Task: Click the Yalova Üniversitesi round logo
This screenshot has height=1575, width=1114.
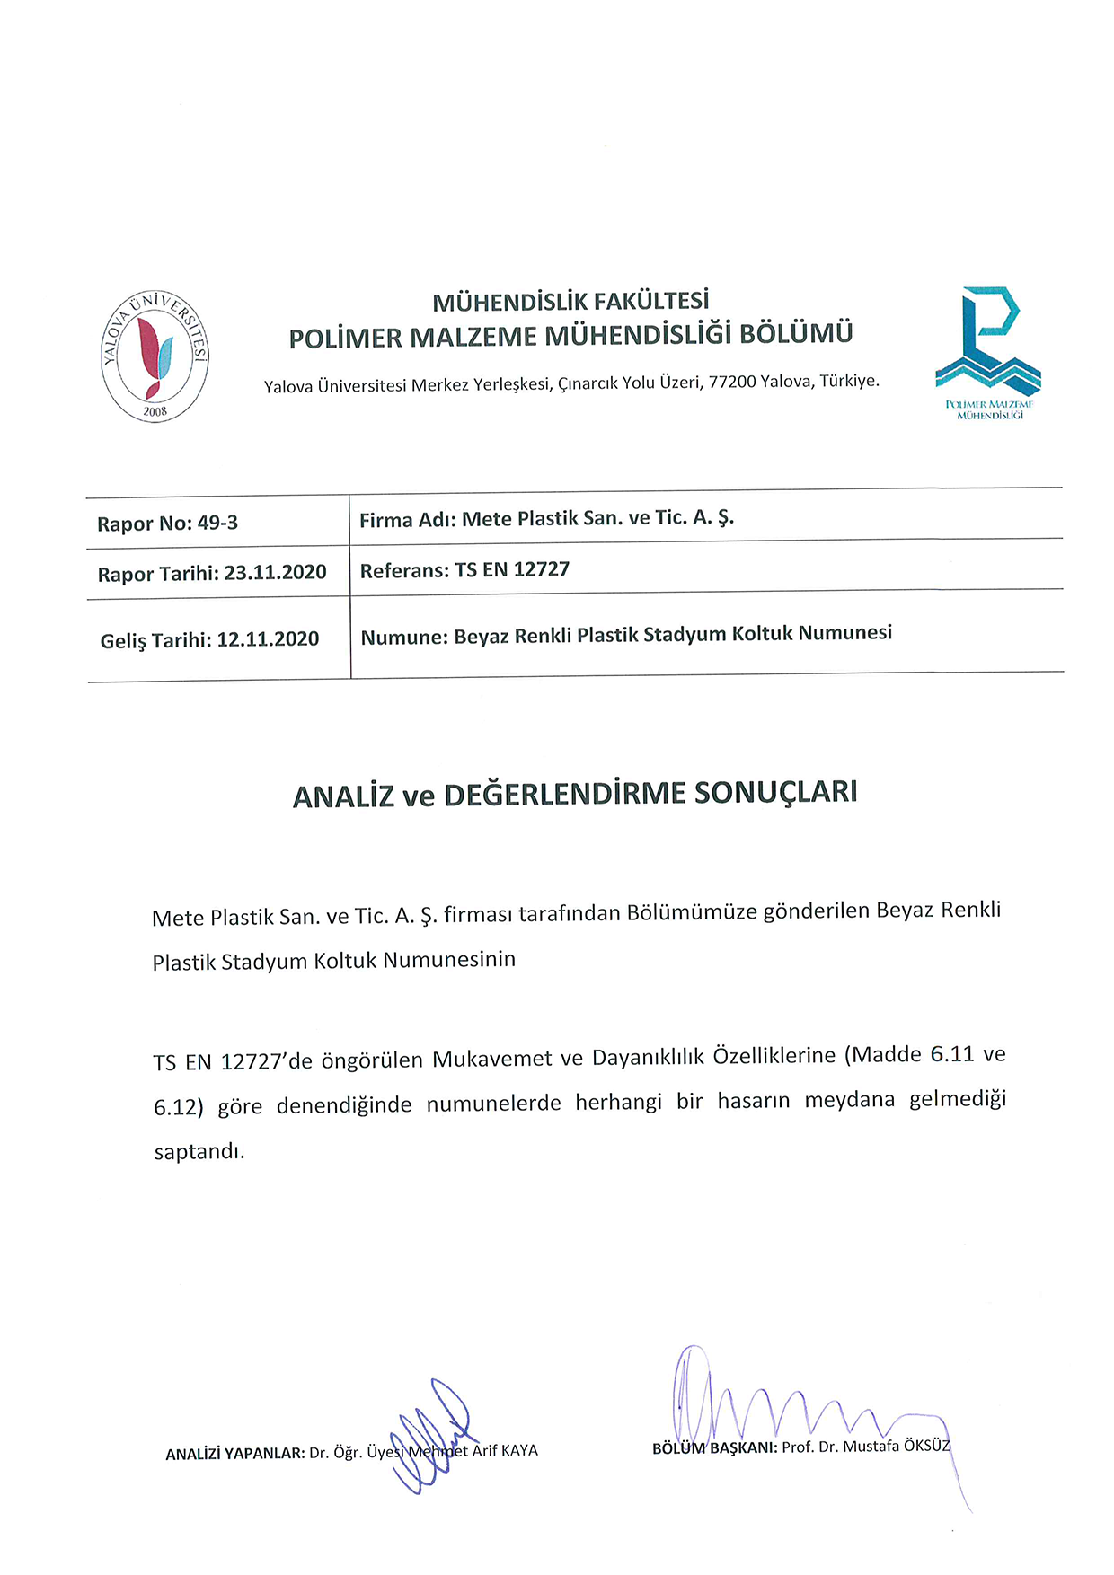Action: [x=155, y=356]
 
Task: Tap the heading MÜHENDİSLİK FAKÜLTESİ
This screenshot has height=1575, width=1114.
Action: [x=570, y=301]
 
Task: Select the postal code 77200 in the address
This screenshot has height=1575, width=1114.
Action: [x=732, y=382]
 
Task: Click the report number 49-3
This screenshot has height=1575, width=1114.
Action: [x=217, y=523]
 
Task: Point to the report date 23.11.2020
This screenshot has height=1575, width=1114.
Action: [x=275, y=573]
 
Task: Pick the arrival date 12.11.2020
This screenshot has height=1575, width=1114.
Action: [x=268, y=639]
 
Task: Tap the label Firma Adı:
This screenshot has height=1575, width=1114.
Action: [x=408, y=520]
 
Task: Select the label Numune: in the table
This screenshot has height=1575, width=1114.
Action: [x=404, y=638]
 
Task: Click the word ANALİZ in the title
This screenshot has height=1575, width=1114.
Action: [x=343, y=796]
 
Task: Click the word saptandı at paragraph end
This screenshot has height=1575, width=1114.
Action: [x=199, y=1151]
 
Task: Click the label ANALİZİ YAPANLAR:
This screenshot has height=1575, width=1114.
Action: [x=235, y=1453]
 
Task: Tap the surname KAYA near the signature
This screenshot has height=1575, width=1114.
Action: [x=519, y=1450]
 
